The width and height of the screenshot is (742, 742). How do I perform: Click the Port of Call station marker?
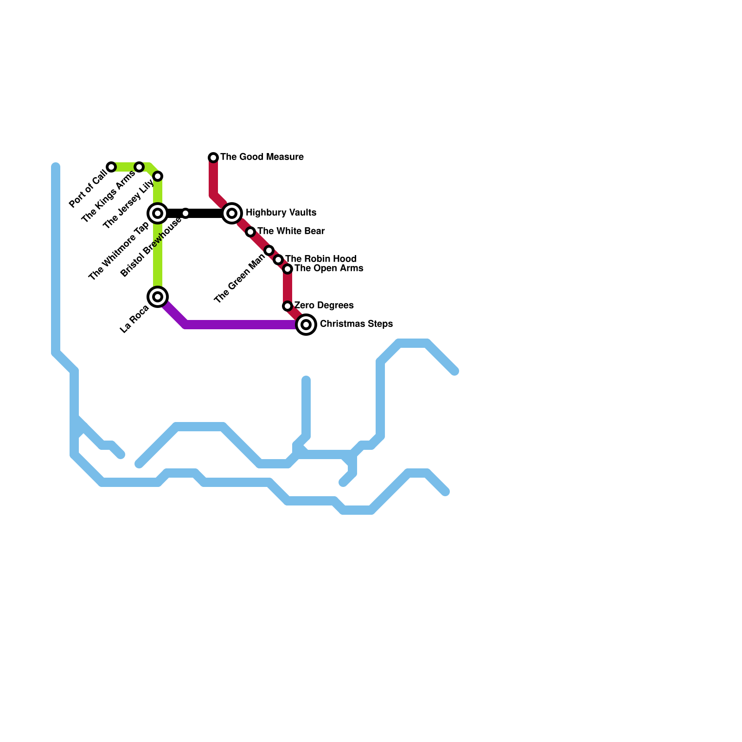pyautogui.click(x=111, y=167)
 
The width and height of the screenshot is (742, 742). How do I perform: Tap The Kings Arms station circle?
pyautogui.click(x=139, y=167)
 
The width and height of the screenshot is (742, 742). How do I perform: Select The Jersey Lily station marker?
pyautogui.click(x=158, y=176)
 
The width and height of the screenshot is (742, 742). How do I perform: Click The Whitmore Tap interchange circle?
pyautogui.click(x=158, y=213)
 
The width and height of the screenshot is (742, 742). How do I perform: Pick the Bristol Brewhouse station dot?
pyautogui.click(x=185, y=213)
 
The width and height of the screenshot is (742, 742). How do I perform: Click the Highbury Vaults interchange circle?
pyautogui.click(x=232, y=213)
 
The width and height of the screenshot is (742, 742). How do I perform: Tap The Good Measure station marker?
pyautogui.click(x=213, y=158)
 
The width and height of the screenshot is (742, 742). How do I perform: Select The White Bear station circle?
pyautogui.click(x=250, y=232)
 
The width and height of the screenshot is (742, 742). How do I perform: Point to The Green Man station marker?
pyautogui.click(x=269, y=250)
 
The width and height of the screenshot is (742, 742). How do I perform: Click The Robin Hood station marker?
pyautogui.click(x=278, y=260)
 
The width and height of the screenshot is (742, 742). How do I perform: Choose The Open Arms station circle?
pyautogui.click(x=288, y=269)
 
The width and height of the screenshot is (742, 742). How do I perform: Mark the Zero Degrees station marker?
pyautogui.click(x=288, y=306)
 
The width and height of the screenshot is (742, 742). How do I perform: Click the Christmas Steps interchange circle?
pyautogui.click(x=306, y=325)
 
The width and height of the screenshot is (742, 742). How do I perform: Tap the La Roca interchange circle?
pyautogui.click(x=158, y=297)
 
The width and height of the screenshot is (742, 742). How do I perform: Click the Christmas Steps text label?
pyautogui.click(x=356, y=324)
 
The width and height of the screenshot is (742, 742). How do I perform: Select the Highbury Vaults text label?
pyautogui.click(x=281, y=212)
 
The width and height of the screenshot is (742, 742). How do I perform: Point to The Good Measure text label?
pyautogui.click(x=262, y=157)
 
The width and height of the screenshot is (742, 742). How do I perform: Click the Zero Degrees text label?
pyautogui.click(x=324, y=305)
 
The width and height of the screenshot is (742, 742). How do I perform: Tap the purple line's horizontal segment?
pyautogui.click(x=241, y=325)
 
